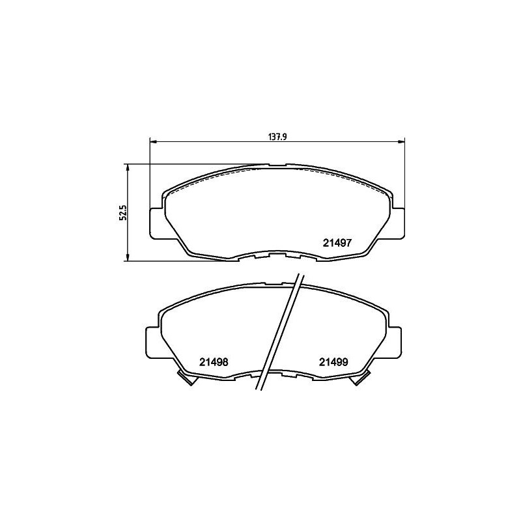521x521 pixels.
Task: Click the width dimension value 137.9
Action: click(x=278, y=137)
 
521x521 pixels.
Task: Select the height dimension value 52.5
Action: click(x=122, y=212)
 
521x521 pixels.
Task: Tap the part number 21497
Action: click(x=338, y=242)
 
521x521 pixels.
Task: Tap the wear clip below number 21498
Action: click(x=187, y=378)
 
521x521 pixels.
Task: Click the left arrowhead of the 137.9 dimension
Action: click(x=154, y=141)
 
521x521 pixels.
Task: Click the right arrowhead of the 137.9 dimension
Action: click(x=402, y=141)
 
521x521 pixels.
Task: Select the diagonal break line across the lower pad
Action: click(x=281, y=332)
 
